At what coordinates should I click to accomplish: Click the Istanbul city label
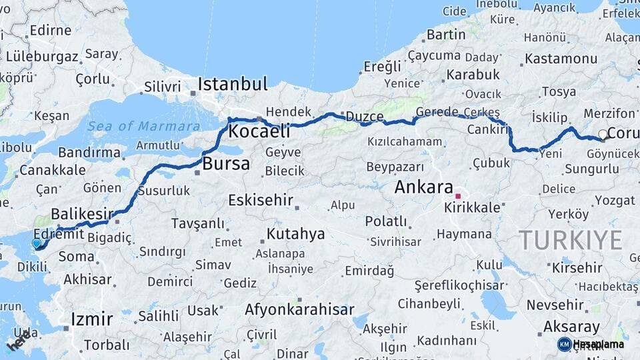(233, 85)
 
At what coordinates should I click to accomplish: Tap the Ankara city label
(423, 187)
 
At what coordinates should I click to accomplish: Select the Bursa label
(225, 163)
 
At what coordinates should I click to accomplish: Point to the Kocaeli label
(259, 131)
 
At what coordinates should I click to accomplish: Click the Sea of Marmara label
(143, 126)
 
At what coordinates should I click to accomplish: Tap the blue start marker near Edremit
(37, 244)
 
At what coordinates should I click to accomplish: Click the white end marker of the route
(603, 135)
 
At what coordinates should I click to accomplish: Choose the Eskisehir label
(261, 200)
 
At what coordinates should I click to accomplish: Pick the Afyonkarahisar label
(299, 309)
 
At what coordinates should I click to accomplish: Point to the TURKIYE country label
(571, 240)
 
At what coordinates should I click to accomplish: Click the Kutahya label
(295, 233)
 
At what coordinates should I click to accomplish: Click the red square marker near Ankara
(458, 196)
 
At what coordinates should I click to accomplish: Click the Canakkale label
(52, 170)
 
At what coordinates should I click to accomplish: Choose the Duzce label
(363, 117)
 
